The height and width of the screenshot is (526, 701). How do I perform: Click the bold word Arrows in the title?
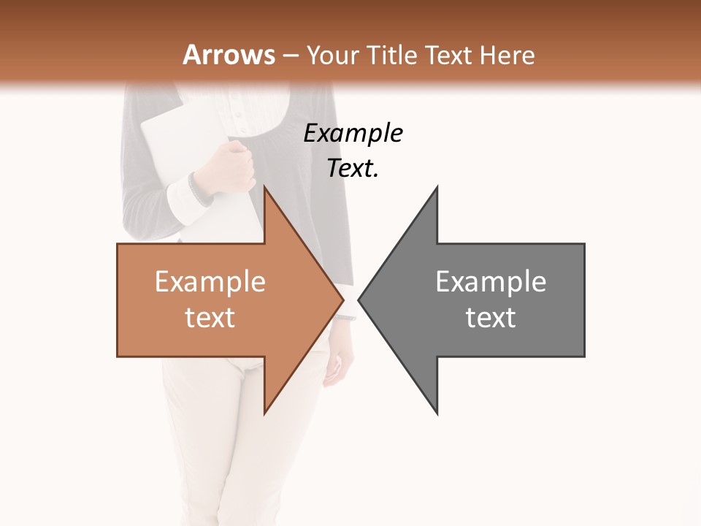229,55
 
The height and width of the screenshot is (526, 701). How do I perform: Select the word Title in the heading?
390,55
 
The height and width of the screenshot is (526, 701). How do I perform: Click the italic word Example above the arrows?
353,133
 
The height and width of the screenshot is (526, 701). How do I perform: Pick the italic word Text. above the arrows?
353,168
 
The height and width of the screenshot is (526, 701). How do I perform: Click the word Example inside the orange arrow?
210,281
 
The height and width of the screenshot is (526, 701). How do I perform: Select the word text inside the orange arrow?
210,317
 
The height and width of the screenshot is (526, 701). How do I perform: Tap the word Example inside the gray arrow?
491,281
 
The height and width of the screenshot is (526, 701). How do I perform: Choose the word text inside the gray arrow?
491,317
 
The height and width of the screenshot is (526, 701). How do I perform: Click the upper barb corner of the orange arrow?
264,186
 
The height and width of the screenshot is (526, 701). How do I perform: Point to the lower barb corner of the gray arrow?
437,413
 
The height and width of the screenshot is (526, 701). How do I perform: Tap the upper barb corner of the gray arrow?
437,186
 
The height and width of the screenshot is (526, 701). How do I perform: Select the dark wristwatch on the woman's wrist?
199,189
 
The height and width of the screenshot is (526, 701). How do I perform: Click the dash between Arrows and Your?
290,56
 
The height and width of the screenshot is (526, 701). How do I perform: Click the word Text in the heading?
448,55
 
